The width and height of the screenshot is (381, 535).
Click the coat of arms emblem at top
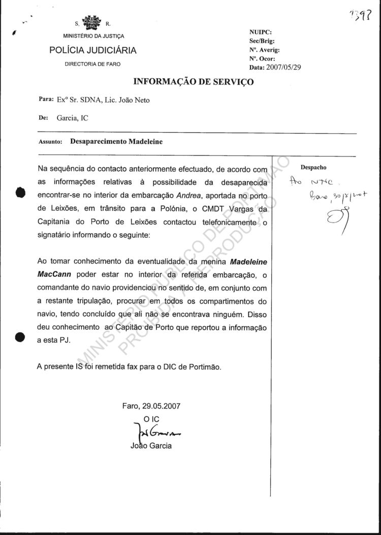pos(92,24)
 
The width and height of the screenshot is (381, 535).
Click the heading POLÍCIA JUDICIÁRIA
pos(92,50)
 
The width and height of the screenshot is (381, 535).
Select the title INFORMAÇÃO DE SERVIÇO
pos(194,81)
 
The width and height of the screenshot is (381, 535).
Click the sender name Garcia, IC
pos(73,117)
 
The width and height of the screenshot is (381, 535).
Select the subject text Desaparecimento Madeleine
pos(116,142)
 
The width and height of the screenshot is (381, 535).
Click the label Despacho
pos(313,167)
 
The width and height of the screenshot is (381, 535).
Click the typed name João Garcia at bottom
pos(151,446)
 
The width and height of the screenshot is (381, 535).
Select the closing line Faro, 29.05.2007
pos(151,406)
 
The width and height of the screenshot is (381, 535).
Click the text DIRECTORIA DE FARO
pos(92,64)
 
